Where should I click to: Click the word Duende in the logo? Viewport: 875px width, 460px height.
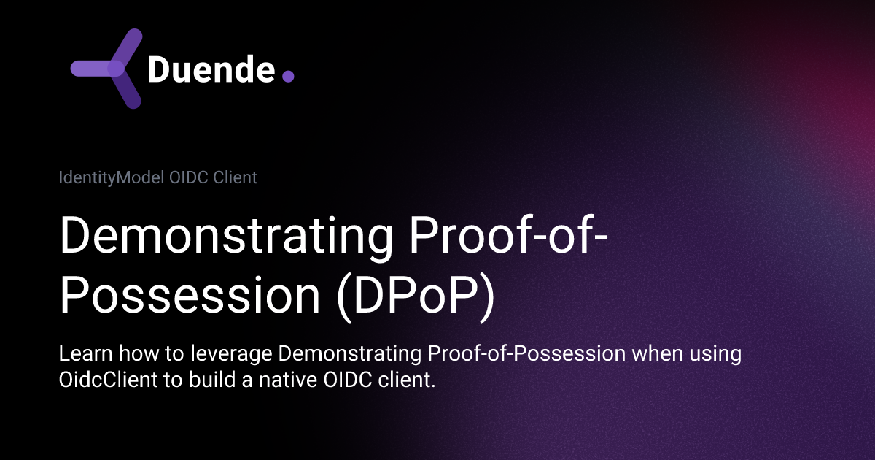tap(211, 70)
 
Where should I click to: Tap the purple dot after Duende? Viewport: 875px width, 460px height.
tap(288, 76)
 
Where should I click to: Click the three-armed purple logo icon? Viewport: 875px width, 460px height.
tap(109, 69)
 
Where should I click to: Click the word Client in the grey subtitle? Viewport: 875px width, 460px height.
tap(236, 177)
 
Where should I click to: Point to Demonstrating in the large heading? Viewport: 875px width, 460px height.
tap(216, 236)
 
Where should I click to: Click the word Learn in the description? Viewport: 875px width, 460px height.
tap(80, 355)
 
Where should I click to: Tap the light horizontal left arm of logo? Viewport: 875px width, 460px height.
tap(91, 69)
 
